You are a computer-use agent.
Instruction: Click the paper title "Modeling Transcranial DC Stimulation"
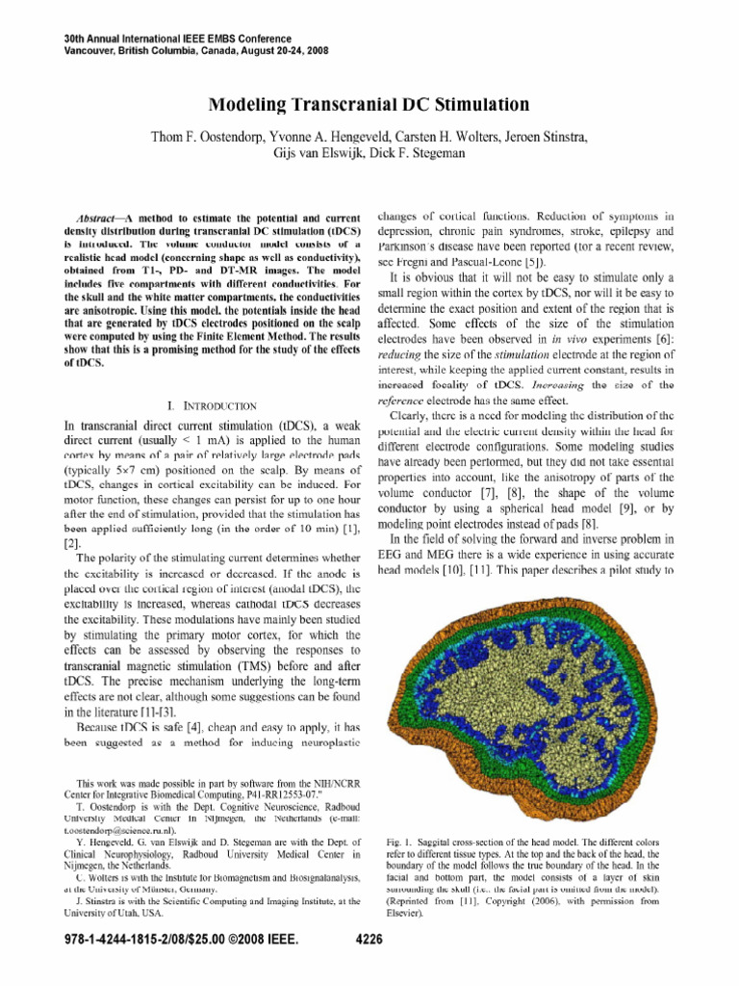pyautogui.click(x=369, y=103)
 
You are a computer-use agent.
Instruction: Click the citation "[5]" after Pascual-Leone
pyautogui.click(x=555, y=261)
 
